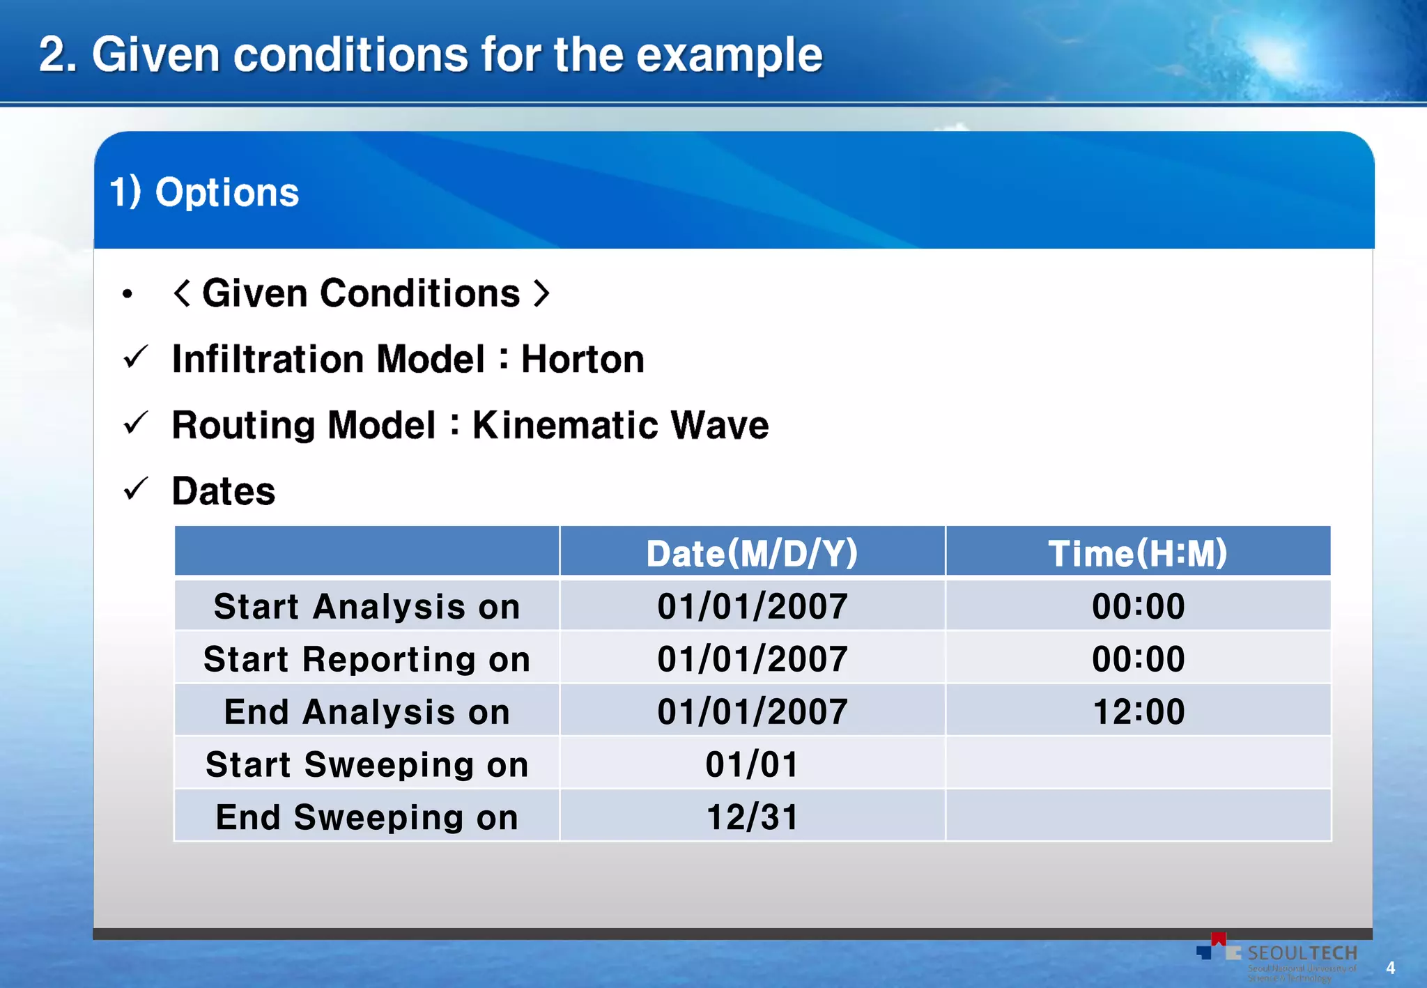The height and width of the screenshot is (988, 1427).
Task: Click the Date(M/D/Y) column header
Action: point(752,553)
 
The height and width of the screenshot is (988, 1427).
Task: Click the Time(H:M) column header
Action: point(1138,553)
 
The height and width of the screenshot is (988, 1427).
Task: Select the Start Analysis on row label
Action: point(367,606)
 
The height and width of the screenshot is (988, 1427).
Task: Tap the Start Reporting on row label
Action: point(367,659)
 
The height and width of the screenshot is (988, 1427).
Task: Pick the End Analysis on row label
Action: point(367,712)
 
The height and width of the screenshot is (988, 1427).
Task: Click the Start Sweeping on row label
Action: point(367,765)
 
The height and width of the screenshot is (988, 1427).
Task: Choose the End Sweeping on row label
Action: point(367,817)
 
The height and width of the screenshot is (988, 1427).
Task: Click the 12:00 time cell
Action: point(1138,712)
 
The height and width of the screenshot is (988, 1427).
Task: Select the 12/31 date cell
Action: point(752,817)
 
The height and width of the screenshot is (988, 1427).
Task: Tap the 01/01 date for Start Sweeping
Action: point(752,765)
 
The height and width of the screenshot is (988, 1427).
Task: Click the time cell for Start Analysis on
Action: point(1138,606)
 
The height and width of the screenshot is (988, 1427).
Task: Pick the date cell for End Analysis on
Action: point(752,712)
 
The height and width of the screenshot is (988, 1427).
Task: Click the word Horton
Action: point(583,360)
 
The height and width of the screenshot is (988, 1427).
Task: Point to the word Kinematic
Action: point(564,425)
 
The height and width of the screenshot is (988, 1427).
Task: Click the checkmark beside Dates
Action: point(135,490)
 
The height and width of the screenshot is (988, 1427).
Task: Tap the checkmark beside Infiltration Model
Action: point(135,357)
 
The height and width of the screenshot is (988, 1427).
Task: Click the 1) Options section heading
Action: point(204,192)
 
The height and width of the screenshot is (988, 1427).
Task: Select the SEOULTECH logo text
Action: point(1302,953)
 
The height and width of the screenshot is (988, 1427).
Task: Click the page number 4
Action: point(1390,968)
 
